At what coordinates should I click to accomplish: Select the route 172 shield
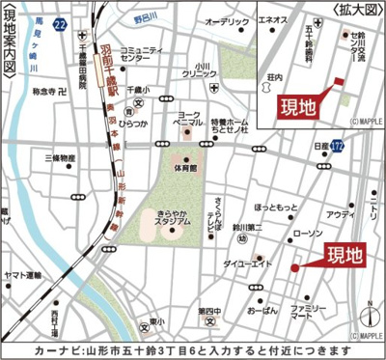(336, 146)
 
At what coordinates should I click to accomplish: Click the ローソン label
(308, 235)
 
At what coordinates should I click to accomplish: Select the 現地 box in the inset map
(298, 106)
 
